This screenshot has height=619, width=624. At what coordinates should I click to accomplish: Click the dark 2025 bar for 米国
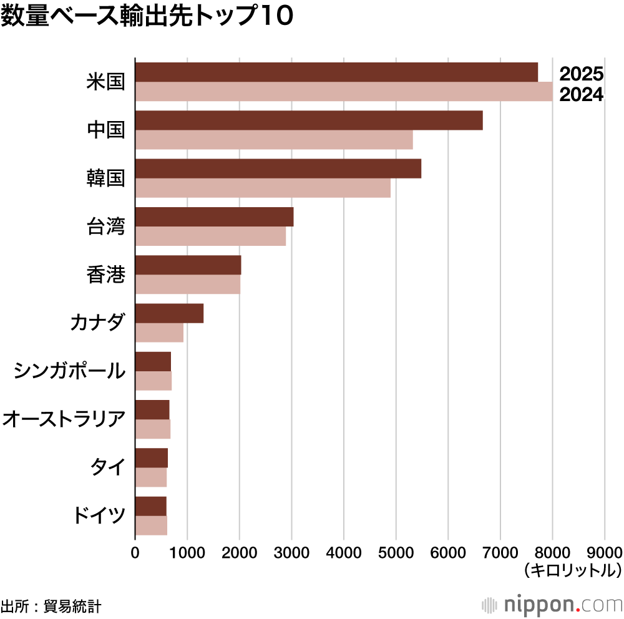click(336, 72)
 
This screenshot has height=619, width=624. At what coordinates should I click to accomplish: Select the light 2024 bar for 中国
click(274, 140)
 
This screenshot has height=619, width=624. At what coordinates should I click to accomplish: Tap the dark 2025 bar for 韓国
click(278, 168)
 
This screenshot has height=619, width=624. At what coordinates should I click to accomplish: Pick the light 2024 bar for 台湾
click(210, 236)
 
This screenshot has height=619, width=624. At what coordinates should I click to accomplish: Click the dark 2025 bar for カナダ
click(169, 313)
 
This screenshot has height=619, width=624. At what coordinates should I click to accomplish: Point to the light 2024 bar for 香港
click(188, 285)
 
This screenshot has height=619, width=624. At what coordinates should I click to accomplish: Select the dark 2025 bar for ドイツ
click(151, 506)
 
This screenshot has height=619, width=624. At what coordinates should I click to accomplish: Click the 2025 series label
click(581, 74)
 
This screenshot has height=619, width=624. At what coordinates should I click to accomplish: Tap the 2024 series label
click(581, 95)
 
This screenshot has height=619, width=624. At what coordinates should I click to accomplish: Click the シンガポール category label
click(69, 371)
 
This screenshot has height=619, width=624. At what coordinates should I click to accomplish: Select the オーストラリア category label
click(64, 419)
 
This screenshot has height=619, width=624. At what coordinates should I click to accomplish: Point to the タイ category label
click(108, 467)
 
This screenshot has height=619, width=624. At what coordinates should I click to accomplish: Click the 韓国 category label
click(106, 178)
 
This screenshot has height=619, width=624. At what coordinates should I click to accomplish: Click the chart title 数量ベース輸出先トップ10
click(147, 17)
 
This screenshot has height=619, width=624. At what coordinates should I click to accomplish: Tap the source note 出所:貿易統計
click(51, 605)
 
